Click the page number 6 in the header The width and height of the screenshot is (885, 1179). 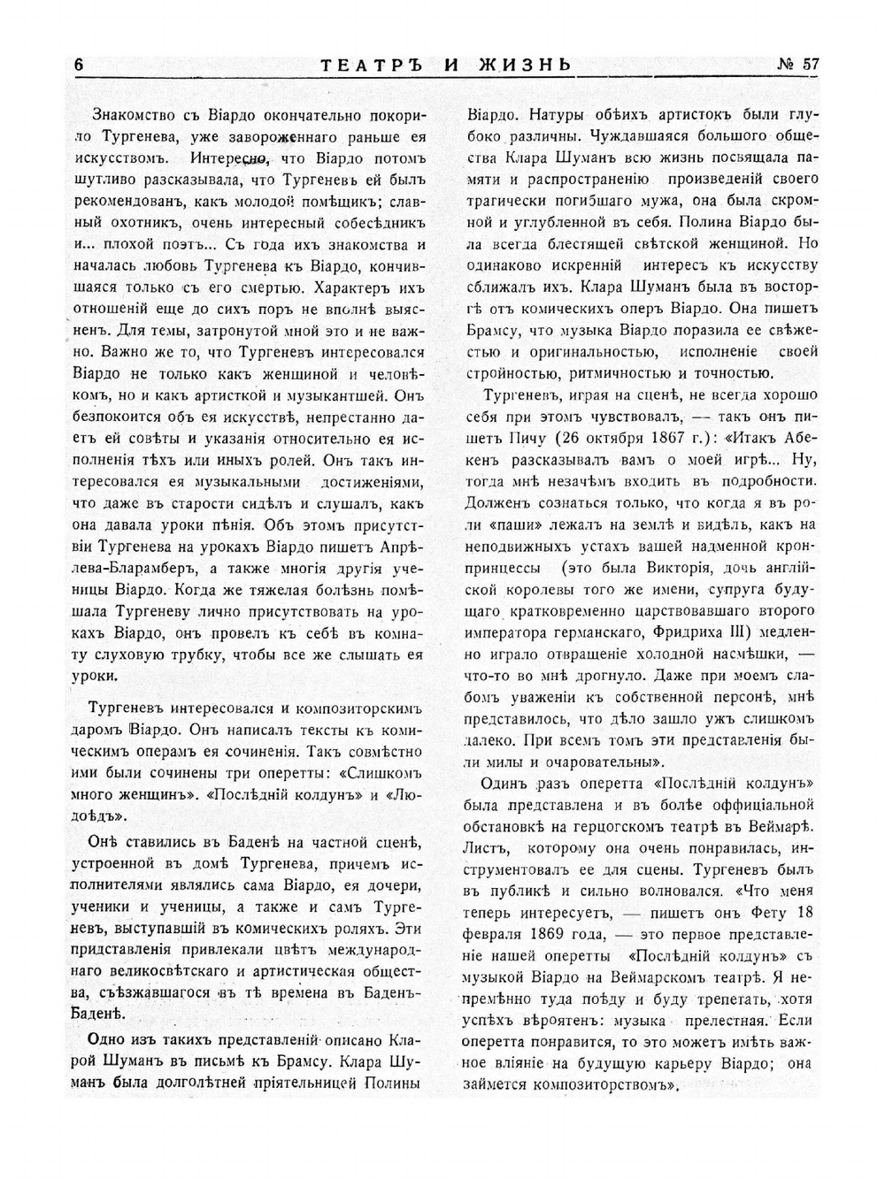tap(79, 65)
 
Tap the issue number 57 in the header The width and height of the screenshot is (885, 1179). tap(799, 65)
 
